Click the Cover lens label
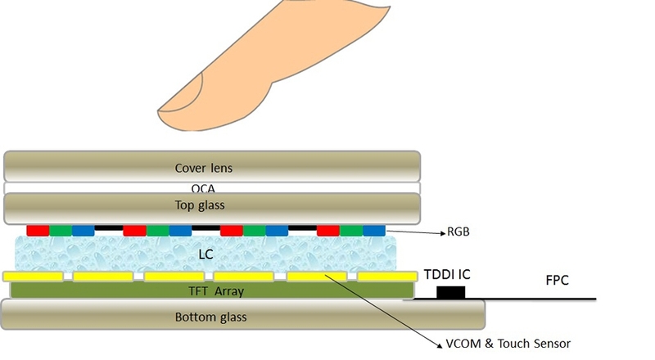tap(203, 168)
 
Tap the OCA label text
tap(203, 189)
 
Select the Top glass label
tap(200, 205)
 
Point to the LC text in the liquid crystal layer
tap(206, 254)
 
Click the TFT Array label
tap(216, 291)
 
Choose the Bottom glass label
tap(210, 317)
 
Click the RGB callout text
tap(458, 232)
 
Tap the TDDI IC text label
tap(447, 274)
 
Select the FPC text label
tap(558, 280)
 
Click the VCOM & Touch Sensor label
tap(508, 344)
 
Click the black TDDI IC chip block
tap(451, 292)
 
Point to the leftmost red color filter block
tap(38, 231)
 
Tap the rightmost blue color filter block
tap(374, 231)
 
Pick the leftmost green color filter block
tap(61, 231)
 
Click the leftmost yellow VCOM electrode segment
tap(33, 276)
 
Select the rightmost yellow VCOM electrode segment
tap(387, 276)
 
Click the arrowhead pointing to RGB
tap(443, 233)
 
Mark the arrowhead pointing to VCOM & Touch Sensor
tap(439, 345)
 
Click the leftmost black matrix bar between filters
tap(109, 228)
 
